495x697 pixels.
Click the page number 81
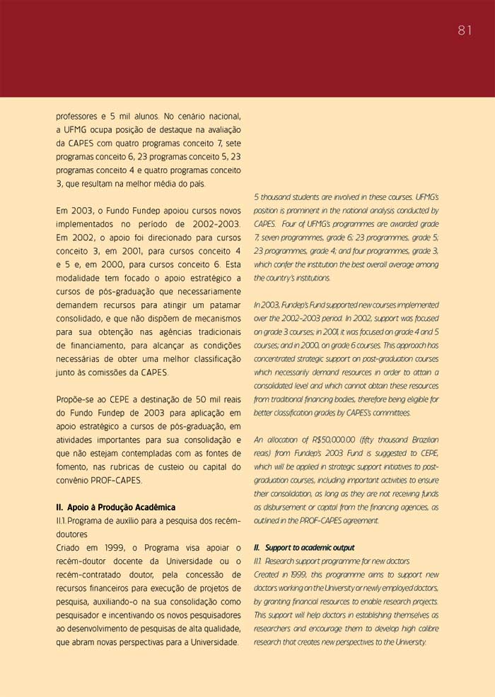(465, 30)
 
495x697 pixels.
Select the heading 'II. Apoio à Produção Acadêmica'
(115, 508)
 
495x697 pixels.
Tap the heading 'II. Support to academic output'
(304, 548)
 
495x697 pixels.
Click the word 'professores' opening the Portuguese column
(77, 116)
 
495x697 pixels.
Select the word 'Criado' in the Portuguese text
(70, 548)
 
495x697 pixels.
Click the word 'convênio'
(73, 481)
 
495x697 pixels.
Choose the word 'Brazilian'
(421, 439)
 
